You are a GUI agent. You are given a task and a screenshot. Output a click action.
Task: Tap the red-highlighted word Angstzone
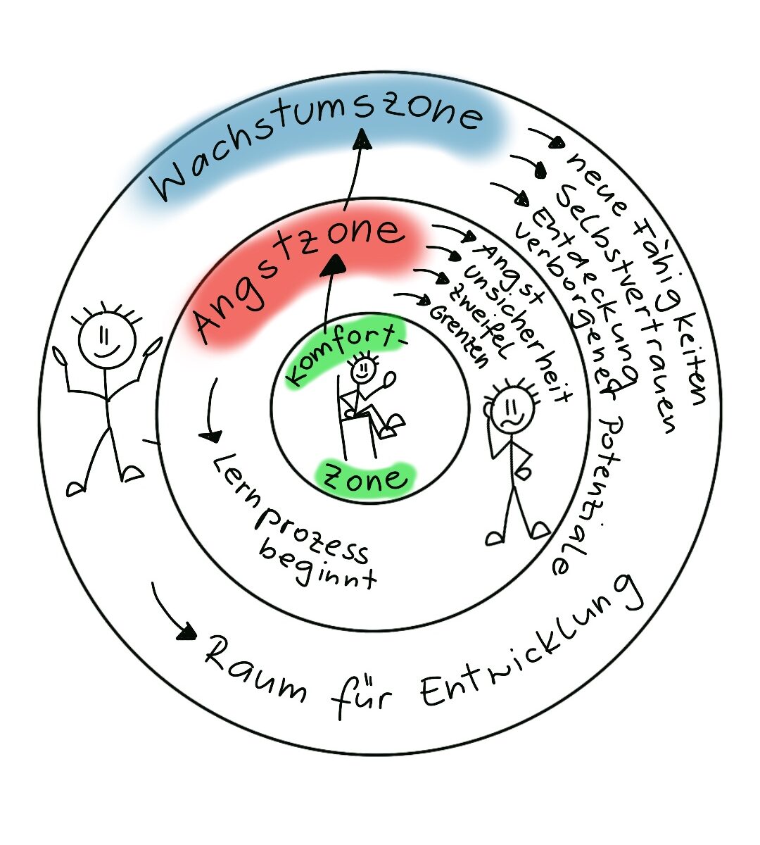click(x=299, y=278)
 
